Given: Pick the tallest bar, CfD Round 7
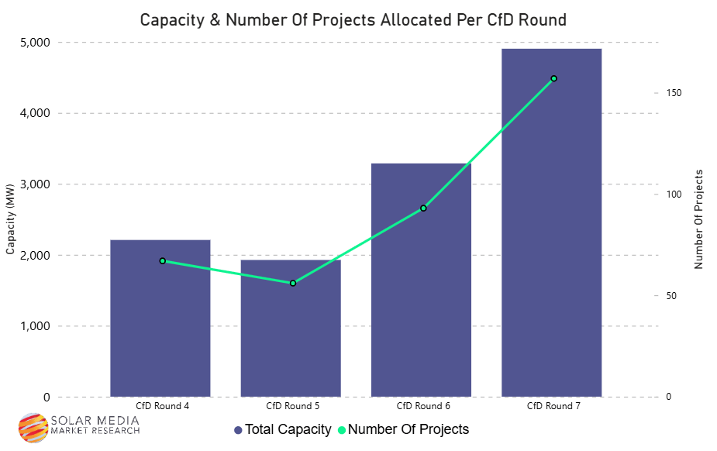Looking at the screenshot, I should (x=552, y=232).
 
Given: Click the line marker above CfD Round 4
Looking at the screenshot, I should (x=163, y=261).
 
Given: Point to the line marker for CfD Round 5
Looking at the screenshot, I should (x=293, y=284).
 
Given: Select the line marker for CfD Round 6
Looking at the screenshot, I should (x=423, y=208).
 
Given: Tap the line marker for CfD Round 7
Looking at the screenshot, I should (x=553, y=78).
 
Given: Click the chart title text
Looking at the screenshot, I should (x=353, y=20).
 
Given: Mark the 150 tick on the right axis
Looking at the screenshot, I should (x=674, y=93).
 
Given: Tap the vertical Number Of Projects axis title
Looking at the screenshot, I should (x=698, y=219).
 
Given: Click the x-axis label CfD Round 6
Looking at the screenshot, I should (x=423, y=406).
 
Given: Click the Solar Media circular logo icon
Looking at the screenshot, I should (x=33, y=427).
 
